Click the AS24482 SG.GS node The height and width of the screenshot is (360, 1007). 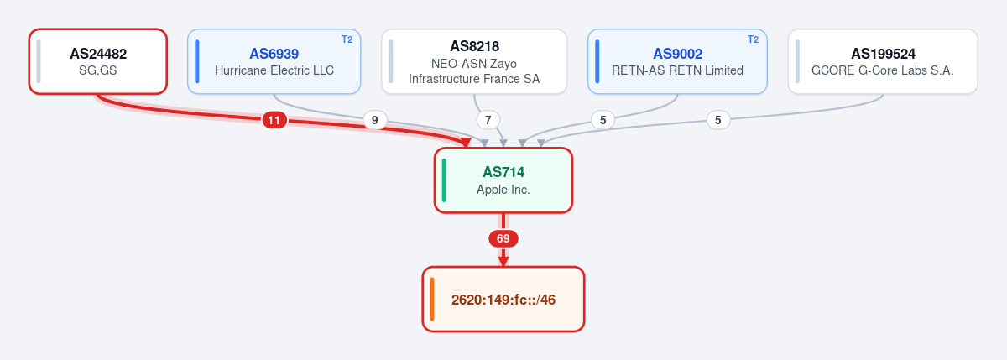tap(98, 61)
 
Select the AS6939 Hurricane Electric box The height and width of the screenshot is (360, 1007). tap(274, 61)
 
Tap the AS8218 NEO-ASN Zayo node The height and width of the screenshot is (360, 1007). tap(474, 61)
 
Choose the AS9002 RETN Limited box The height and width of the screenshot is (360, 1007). tap(677, 61)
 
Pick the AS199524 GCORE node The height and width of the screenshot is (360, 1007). tap(883, 61)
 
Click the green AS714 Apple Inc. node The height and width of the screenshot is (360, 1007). tap(503, 180)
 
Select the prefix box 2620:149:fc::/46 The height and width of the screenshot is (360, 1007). tap(503, 300)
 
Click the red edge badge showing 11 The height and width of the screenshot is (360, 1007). tap(274, 120)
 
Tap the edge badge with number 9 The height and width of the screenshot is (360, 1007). tap(374, 120)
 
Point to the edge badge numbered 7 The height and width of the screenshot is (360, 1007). tap(488, 120)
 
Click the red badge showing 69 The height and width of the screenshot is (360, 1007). tap(503, 238)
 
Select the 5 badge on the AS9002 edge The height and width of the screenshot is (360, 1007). tap(603, 120)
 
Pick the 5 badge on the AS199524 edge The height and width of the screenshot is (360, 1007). tap(718, 120)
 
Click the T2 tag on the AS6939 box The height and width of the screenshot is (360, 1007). tap(347, 39)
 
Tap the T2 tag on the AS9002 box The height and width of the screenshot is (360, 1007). tap(753, 39)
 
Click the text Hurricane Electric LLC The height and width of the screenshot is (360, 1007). tap(274, 70)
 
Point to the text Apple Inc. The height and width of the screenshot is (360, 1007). tap(503, 190)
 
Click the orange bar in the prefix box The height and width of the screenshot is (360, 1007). tap(432, 300)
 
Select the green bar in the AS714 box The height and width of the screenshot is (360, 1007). tap(444, 180)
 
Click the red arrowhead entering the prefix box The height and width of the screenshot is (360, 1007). tap(503, 262)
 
